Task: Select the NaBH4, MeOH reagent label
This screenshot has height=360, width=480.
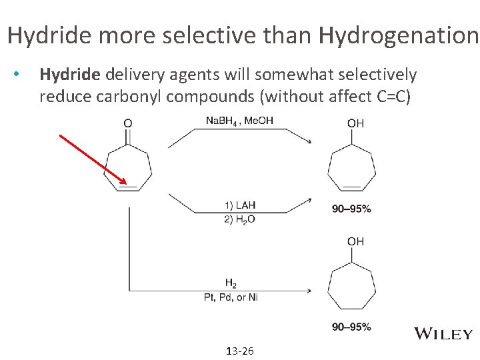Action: [239, 120]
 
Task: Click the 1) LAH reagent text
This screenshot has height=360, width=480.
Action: [239, 205]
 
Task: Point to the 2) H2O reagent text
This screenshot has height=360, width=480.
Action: [239, 219]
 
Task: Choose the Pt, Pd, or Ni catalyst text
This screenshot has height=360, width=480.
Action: [231, 297]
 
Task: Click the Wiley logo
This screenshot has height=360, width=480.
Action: [444, 334]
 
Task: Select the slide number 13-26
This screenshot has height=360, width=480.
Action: [239, 351]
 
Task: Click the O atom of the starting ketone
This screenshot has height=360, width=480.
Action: [128, 123]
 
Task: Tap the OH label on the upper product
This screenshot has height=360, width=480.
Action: [355, 123]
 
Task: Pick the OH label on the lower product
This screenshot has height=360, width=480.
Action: [355, 241]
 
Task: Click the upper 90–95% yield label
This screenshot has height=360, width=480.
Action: [351, 209]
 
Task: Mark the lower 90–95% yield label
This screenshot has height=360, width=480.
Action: [351, 327]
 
